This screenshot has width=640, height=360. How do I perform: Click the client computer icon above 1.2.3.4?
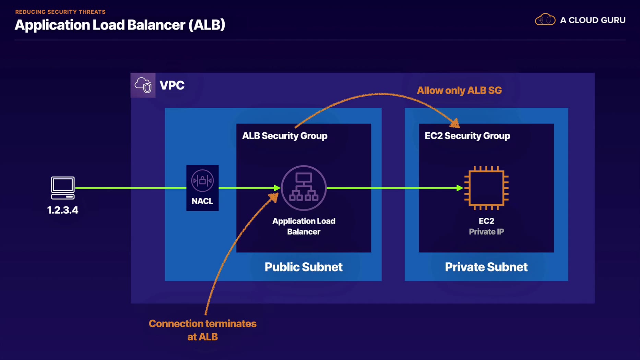point(63,188)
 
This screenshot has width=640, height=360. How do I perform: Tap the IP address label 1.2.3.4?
point(63,210)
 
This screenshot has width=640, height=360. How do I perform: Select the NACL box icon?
point(202,188)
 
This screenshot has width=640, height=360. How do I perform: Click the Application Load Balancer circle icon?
point(304,188)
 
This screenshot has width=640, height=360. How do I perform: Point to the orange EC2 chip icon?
point(486,188)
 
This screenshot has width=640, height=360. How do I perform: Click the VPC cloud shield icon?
point(143,85)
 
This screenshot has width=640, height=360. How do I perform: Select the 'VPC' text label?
point(172,85)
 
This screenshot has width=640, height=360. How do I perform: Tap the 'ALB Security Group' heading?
point(285,136)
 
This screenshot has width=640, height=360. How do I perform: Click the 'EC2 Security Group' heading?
point(467,136)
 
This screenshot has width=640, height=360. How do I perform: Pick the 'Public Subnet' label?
point(304,267)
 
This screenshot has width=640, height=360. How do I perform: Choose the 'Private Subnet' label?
point(486,267)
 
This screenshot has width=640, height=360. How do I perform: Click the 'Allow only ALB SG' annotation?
point(459,91)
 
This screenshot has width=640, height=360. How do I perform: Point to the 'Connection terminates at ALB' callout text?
point(203,330)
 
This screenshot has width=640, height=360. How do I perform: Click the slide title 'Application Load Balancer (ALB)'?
point(120,25)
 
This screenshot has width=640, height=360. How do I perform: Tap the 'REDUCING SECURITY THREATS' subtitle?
point(60,12)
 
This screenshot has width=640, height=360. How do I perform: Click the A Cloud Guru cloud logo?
point(545,20)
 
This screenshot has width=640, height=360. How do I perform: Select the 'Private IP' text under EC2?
point(486,232)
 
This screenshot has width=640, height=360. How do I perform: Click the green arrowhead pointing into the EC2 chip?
point(460,188)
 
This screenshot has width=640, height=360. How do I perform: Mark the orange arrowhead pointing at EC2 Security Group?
point(455,123)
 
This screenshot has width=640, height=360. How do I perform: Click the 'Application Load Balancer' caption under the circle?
point(304,226)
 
